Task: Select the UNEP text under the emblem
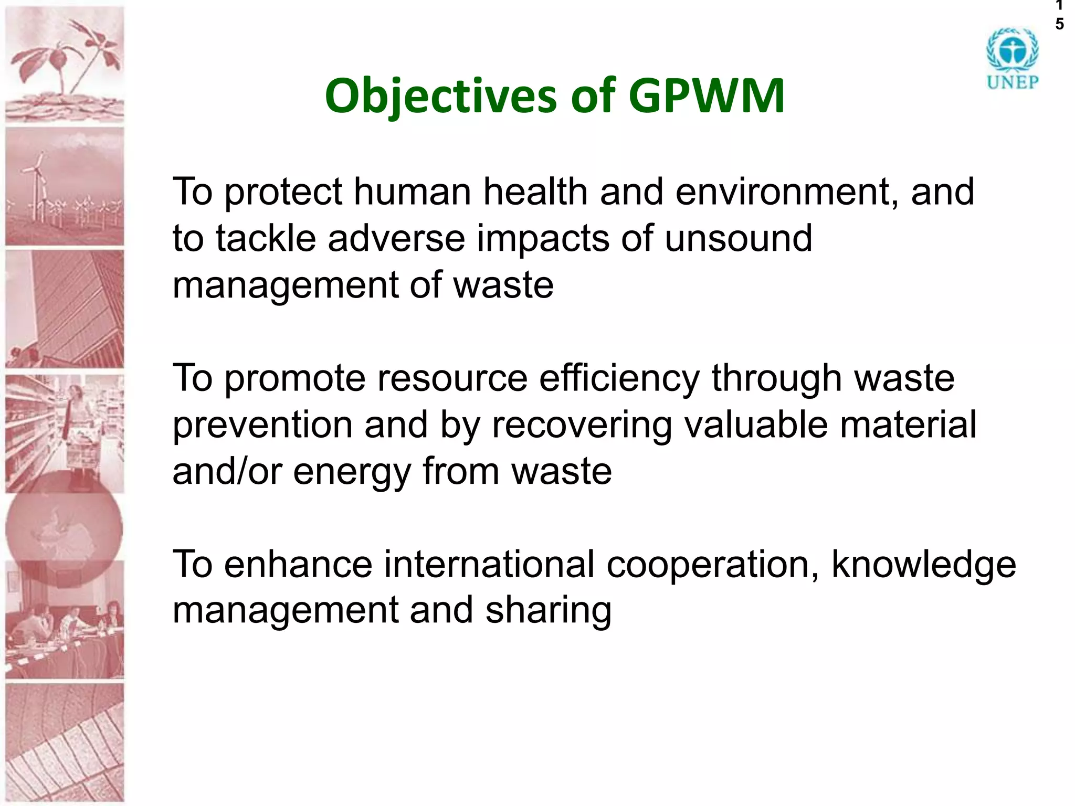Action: pyautogui.click(x=1012, y=82)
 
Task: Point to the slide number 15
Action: pyautogui.click(x=1059, y=15)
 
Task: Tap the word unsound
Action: pyautogui.click(x=738, y=238)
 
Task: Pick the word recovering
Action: pyautogui.click(x=581, y=425)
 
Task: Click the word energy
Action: pyautogui.click(x=352, y=471)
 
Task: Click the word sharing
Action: pyautogui.click(x=548, y=610)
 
